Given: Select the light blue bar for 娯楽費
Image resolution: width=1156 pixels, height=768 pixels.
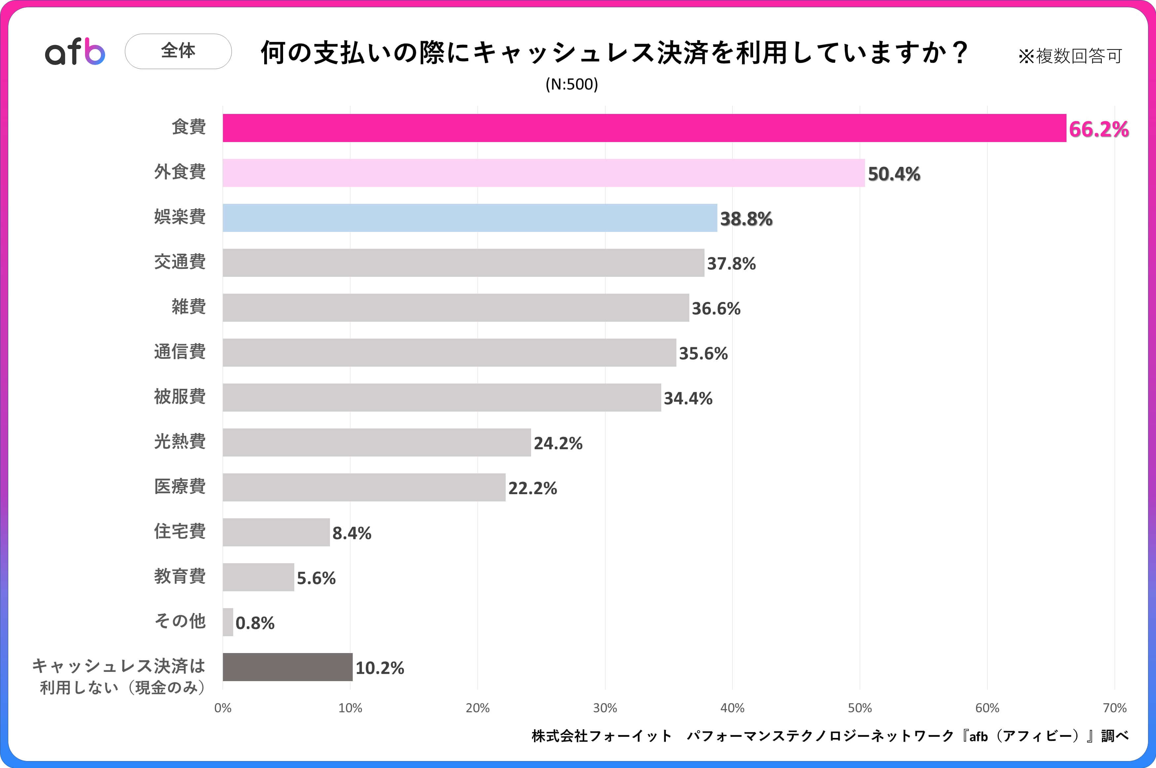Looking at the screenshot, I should (470, 218).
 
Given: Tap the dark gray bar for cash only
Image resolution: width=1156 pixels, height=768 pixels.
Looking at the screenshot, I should (287, 667).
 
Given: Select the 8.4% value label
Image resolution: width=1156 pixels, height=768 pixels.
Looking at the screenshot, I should (351, 533).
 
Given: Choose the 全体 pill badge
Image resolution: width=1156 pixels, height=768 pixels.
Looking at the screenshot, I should (178, 51).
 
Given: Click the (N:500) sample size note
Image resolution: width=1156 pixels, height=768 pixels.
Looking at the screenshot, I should (572, 84).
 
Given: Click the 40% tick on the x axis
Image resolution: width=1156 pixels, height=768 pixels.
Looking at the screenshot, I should (732, 708).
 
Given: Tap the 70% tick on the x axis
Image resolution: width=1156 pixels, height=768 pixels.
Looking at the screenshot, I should (1114, 708).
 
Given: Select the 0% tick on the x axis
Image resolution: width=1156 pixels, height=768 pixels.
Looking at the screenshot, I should (223, 708).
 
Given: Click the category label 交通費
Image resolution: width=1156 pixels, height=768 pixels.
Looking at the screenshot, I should (180, 262).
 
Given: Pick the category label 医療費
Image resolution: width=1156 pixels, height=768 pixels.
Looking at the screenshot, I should (180, 486).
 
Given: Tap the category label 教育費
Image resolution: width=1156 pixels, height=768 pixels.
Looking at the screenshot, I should (180, 576).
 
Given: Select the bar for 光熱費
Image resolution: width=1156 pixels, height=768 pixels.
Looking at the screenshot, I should (377, 442).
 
